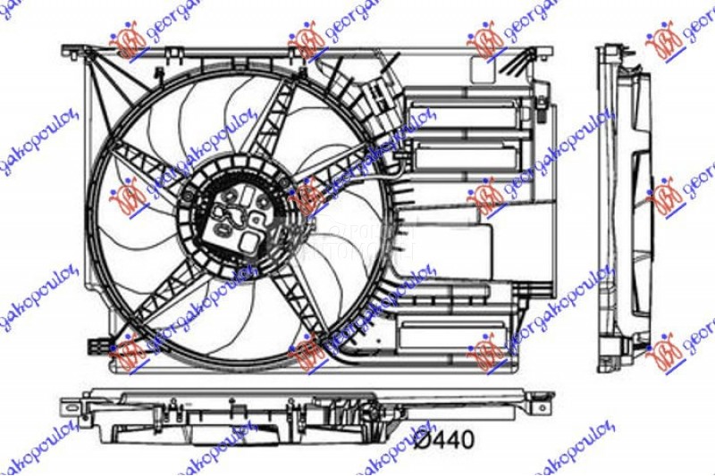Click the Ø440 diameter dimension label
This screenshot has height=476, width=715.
pyautogui.click(x=442, y=438)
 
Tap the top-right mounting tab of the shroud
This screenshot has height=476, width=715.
pyautogui.click(x=536, y=53)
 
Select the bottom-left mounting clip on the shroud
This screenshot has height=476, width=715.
pyautogui.click(x=97, y=345)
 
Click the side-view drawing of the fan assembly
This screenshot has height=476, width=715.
pyautogui.click(x=626, y=205)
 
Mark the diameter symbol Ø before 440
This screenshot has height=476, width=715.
pyautogui.click(x=421, y=438)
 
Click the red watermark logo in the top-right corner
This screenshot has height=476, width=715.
pyautogui.click(x=665, y=40)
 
